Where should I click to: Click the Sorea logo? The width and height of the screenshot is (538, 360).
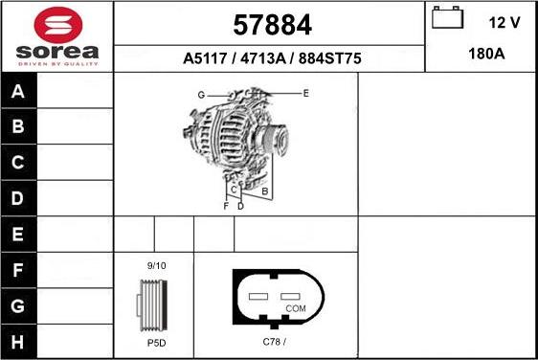pos(56,35)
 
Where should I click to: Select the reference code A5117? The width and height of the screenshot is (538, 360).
pos(205,58)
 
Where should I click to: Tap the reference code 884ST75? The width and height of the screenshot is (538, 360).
pos(329,58)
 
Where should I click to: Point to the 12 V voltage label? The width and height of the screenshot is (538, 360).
pos(503,22)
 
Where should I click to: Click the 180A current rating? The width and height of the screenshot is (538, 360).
pos(485,56)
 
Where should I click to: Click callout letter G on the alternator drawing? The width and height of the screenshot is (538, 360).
pos(202,95)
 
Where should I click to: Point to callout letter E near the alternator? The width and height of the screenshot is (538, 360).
pos(305,93)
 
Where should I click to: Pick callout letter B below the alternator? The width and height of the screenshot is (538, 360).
pos(264,191)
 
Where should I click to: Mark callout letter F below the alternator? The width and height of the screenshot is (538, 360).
pos(226,206)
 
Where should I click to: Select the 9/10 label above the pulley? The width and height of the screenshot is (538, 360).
pos(155,266)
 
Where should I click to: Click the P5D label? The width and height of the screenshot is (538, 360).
pos(154,341)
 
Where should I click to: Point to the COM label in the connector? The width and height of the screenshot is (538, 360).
pos(296,308)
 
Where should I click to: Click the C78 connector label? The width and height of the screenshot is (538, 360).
pos(275,341)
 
